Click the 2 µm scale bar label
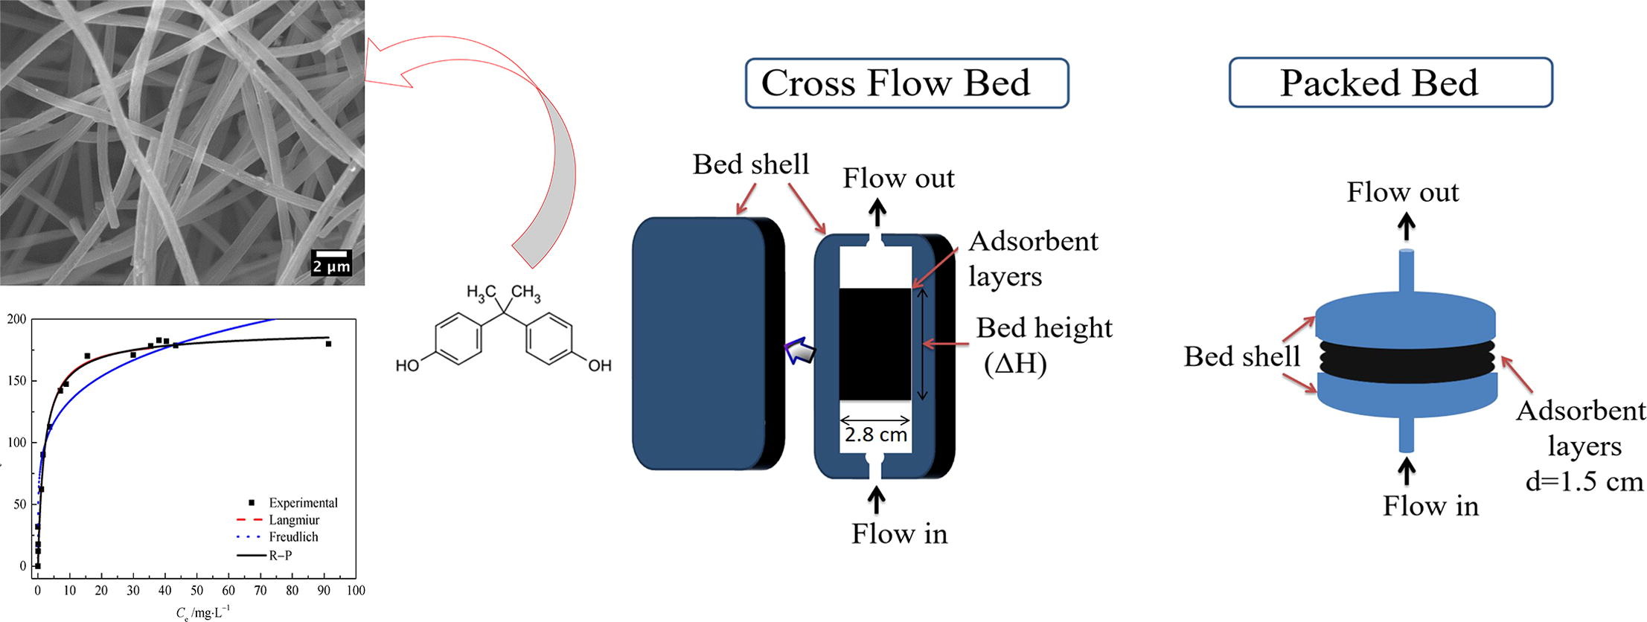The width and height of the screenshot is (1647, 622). click(330, 266)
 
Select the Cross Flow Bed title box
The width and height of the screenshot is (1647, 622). click(906, 83)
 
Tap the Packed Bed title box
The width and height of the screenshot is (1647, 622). click(1389, 83)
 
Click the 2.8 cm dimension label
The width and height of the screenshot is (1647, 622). click(875, 435)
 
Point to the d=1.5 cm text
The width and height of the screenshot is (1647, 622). click(1584, 481)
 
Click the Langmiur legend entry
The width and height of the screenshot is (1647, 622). click(294, 520)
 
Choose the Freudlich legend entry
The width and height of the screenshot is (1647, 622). click(293, 537)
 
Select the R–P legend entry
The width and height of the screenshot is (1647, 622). click(280, 555)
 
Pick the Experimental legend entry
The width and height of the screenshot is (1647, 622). click(303, 503)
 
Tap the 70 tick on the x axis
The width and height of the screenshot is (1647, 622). click(260, 591)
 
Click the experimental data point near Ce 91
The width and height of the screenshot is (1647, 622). click(328, 344)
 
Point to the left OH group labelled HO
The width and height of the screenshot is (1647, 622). click(407, 365)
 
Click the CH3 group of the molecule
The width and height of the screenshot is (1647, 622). click(526, 292)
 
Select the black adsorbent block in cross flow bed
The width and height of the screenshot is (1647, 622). click(874, 344)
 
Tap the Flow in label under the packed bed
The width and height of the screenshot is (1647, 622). click(1430, 506)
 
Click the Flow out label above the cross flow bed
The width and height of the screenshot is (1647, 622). click(898, 179)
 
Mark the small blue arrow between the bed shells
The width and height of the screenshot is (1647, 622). click(801, 350)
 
